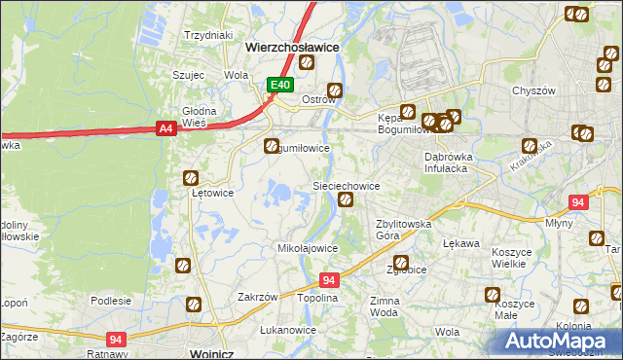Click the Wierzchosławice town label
(292, 46)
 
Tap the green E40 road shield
(280, 86)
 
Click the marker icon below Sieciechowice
(346, 200)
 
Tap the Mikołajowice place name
(309, 248)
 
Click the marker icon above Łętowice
(192, 178)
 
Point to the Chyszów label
(532, 90)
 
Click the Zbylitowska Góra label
(404, 230)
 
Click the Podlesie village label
(111, 301)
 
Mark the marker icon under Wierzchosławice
(307, 63)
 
